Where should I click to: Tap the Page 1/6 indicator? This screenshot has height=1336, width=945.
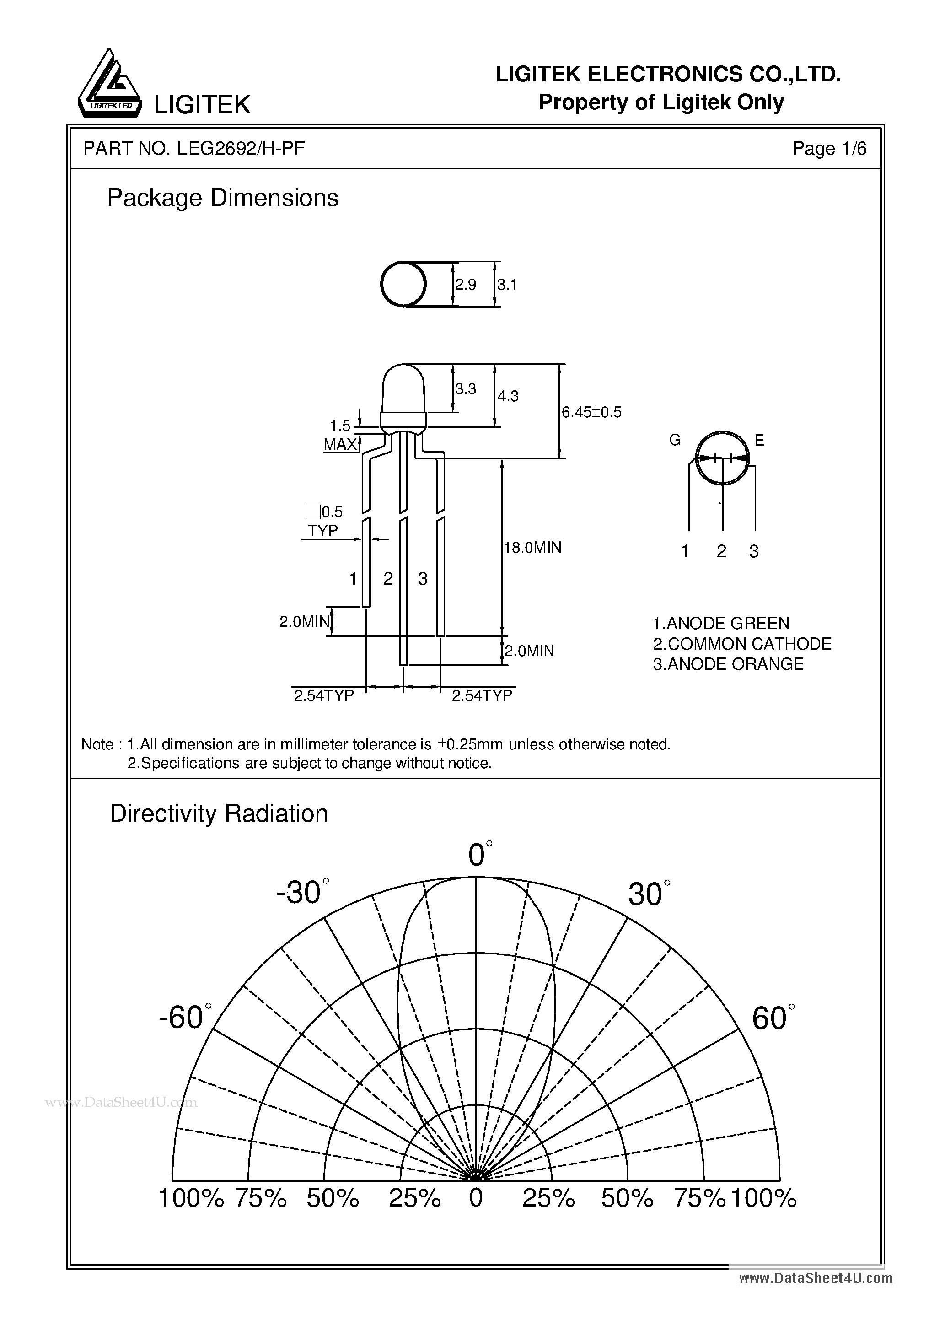click(829, 149)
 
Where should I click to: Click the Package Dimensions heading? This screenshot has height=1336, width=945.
click(222, 198)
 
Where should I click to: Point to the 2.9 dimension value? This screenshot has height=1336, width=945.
click(466, 285)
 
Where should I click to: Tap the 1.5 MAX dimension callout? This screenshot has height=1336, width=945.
click(340, 435)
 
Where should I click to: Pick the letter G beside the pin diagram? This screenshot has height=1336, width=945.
click(675, 441)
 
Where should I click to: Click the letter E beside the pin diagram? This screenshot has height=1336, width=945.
click(759, 441)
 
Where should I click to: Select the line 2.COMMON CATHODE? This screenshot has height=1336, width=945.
click(742, 644)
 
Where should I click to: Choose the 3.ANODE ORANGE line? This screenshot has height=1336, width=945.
click(728, 664)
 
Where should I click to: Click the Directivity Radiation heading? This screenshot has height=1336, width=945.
click(219, 813)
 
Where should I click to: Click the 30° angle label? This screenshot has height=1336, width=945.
click(648, 894)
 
